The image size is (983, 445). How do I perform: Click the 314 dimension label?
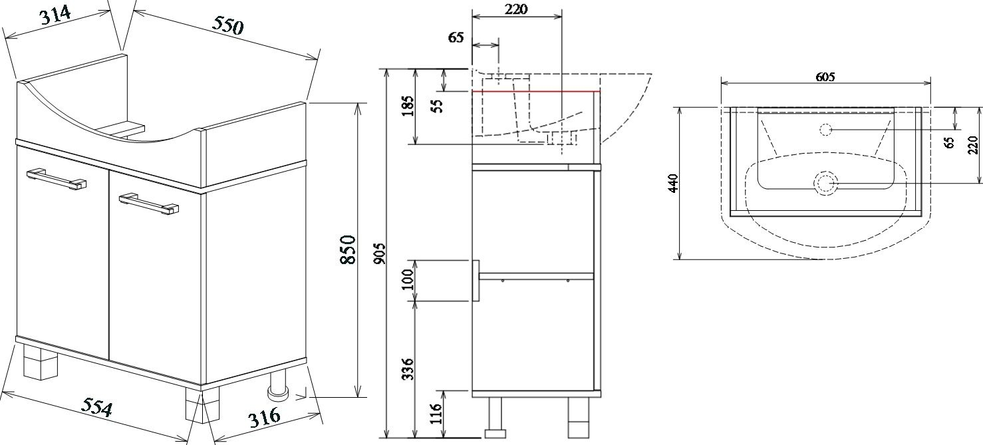(56, 16)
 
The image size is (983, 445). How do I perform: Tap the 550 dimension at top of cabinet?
(227, 25)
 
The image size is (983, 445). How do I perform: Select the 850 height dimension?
(348, 249)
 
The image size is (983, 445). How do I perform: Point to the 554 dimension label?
(97, 407)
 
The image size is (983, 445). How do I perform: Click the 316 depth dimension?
(265, 417)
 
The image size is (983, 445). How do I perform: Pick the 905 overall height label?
(379, 253)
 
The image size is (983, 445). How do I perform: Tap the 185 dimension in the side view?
(408, 106)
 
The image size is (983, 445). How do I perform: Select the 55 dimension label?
(437, 106)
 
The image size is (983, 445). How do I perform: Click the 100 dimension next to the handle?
(408, 279)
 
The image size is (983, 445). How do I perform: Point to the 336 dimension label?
(408, 369)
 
